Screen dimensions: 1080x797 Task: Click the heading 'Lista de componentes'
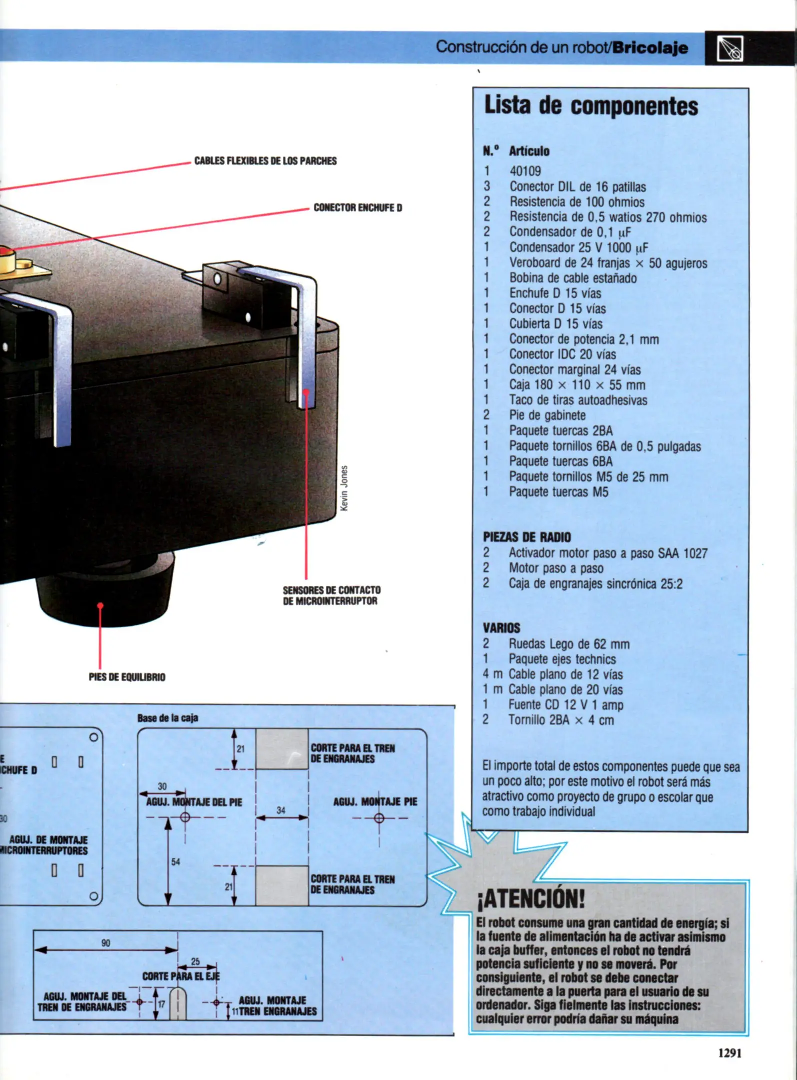point(591,106)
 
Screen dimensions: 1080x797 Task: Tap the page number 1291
point(730,1053)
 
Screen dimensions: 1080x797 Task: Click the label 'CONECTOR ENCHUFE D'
point(358,208)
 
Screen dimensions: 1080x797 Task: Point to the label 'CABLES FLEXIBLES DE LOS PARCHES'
point(265,161)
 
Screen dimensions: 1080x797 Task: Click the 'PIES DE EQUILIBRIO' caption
point(127,677)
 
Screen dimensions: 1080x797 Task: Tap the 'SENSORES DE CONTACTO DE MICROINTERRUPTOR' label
point(331,595)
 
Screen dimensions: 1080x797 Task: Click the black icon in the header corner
point(730,48)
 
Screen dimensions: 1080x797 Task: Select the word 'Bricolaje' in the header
point(650,48)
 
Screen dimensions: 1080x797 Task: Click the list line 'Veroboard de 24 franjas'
point(608,263)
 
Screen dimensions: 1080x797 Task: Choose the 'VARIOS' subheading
point(501,628)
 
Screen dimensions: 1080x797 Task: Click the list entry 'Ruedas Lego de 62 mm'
point(569,644)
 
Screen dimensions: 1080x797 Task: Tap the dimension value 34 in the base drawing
point(281,810)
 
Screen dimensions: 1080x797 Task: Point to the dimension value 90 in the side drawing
point(106,943)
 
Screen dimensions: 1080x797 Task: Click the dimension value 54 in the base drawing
point(175,862)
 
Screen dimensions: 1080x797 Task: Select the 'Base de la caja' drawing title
point(168,718)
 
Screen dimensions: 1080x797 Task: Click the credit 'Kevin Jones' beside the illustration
point(344,488)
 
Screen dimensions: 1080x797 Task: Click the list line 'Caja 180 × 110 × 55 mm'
point(577,385)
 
